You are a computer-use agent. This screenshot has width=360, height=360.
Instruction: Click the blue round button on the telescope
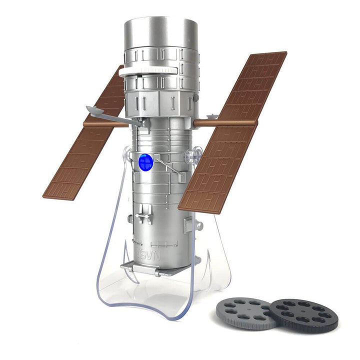(x=145, y=161)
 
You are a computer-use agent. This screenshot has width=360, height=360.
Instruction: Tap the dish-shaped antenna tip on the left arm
(x=93, y=109)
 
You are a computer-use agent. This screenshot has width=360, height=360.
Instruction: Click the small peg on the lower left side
(x=131, y=218)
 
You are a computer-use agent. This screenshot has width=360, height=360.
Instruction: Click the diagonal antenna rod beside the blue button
(x=167, y=166)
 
